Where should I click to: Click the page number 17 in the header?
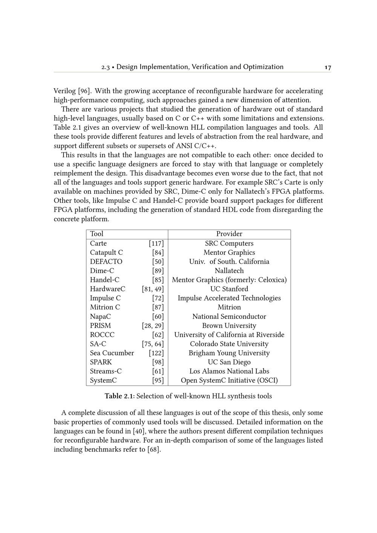coord(328,67)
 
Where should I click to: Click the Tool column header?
coord(97,234)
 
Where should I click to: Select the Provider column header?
coord(229,234)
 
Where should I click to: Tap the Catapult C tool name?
coord(106,253)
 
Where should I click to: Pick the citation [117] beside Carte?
coord(156,244)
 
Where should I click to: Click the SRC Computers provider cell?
coord(229,244)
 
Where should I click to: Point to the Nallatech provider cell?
coord(229,271)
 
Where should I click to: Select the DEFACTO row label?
coord(106,262)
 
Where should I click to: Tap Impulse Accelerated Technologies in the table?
coord(229,298)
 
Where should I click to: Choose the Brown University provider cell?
coord(229,326)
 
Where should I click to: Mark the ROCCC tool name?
coord(102,335)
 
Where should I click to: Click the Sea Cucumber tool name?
coord(112,353)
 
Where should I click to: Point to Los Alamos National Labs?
coord(229,371)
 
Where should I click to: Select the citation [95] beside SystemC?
coord(158,380)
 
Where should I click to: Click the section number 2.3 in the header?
coord(105,67)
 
